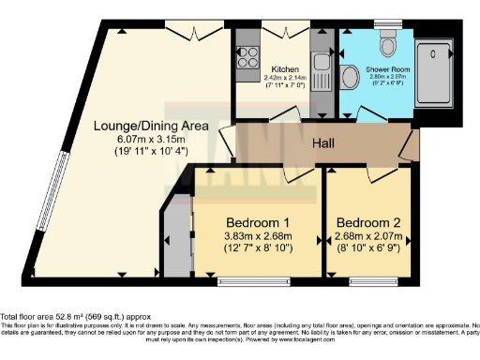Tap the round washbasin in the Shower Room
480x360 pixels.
[351, 77]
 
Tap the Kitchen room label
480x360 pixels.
[285, 69]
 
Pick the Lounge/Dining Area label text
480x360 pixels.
[138, 123]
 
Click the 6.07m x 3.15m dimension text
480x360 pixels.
[138, 137]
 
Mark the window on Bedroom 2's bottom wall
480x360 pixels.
[367, 279]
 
